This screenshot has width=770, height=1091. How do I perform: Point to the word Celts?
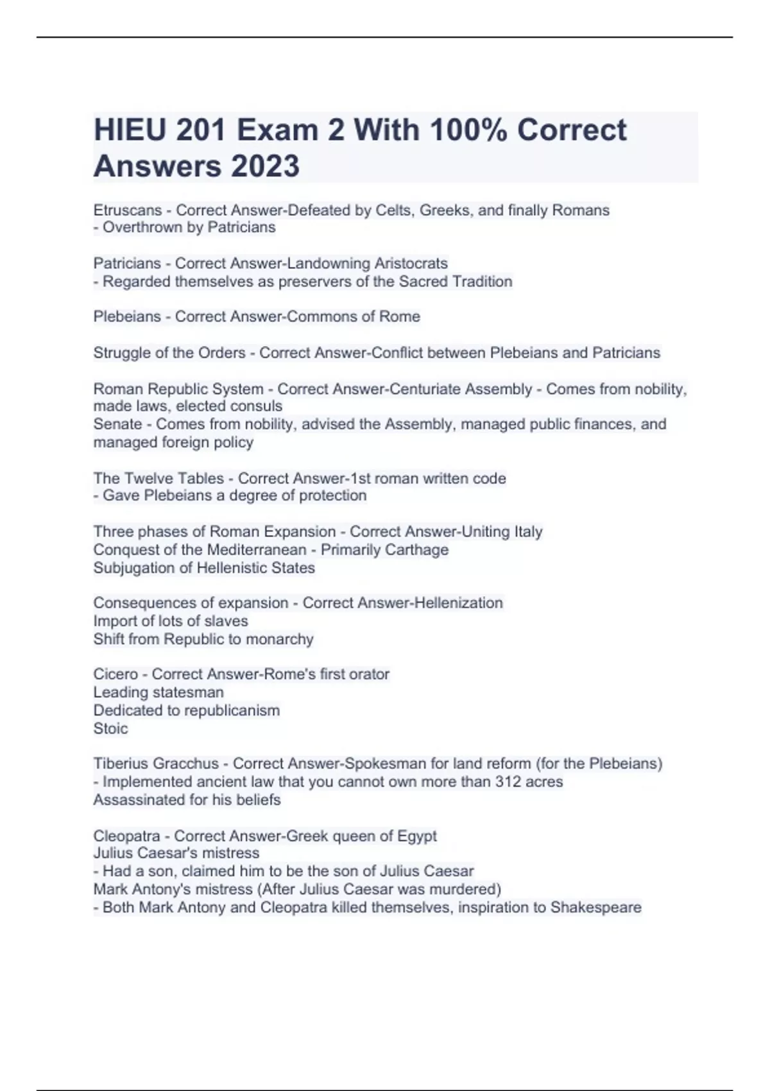394,210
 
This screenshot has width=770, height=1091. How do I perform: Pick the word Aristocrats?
411,264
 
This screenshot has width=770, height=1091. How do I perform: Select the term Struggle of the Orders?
169,353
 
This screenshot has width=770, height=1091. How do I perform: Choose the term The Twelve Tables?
158,479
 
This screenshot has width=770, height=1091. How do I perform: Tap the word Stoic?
110,728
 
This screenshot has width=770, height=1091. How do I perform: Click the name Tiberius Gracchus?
156,764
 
